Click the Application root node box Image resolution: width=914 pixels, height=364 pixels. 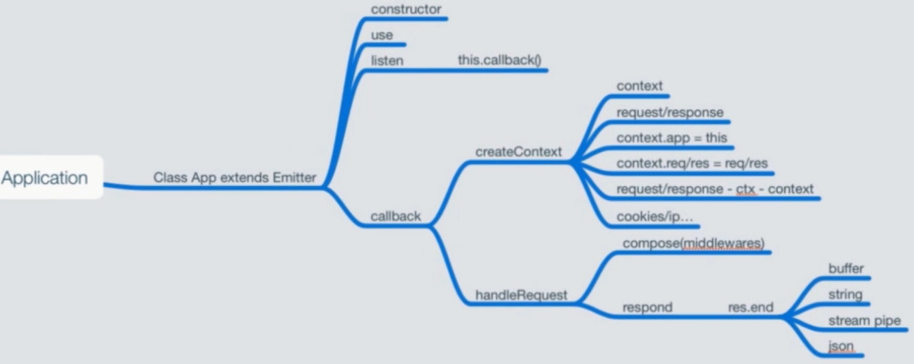click(x=46, y=178)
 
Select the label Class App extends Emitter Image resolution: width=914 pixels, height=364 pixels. click(x=235, y=178)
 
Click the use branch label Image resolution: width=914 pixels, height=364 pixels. click(x=381, y=36)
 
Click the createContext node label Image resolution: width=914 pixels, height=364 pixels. click(x=518, y=151)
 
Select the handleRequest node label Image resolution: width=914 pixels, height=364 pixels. click(x=521, y=295)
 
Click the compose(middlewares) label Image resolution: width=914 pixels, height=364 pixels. click(x=693, y=242)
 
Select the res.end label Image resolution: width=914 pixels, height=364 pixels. click(x=750, y=307)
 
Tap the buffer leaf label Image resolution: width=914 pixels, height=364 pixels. click(x=845, y=269)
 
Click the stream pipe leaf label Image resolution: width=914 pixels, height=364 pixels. click(x=863, y=320)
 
